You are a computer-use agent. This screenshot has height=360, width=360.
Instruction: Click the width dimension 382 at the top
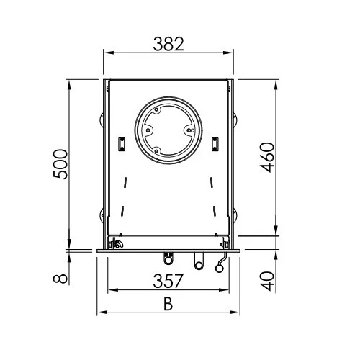point(168,44)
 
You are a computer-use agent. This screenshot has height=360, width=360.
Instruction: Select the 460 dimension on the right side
point(267,157)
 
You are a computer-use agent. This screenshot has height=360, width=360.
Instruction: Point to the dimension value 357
point(168,282)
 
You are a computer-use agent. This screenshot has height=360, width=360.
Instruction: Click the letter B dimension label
point(168,304)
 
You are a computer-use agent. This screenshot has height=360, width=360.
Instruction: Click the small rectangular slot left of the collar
point(123,144)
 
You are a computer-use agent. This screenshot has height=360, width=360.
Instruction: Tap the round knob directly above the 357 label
point(171,258)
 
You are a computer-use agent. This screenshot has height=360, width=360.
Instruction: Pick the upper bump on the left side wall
point(102,117)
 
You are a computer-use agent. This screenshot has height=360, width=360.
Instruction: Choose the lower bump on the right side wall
point(235,213)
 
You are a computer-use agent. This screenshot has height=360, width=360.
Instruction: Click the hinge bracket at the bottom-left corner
point(114,244)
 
